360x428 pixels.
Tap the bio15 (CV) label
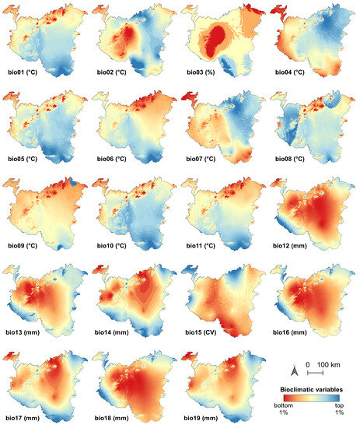pyautogui.click(x=202, y=334)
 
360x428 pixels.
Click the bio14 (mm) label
pyautogui.click(x=114, y=334)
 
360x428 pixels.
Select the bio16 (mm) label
pyautogui.click(x=294, y=334)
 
